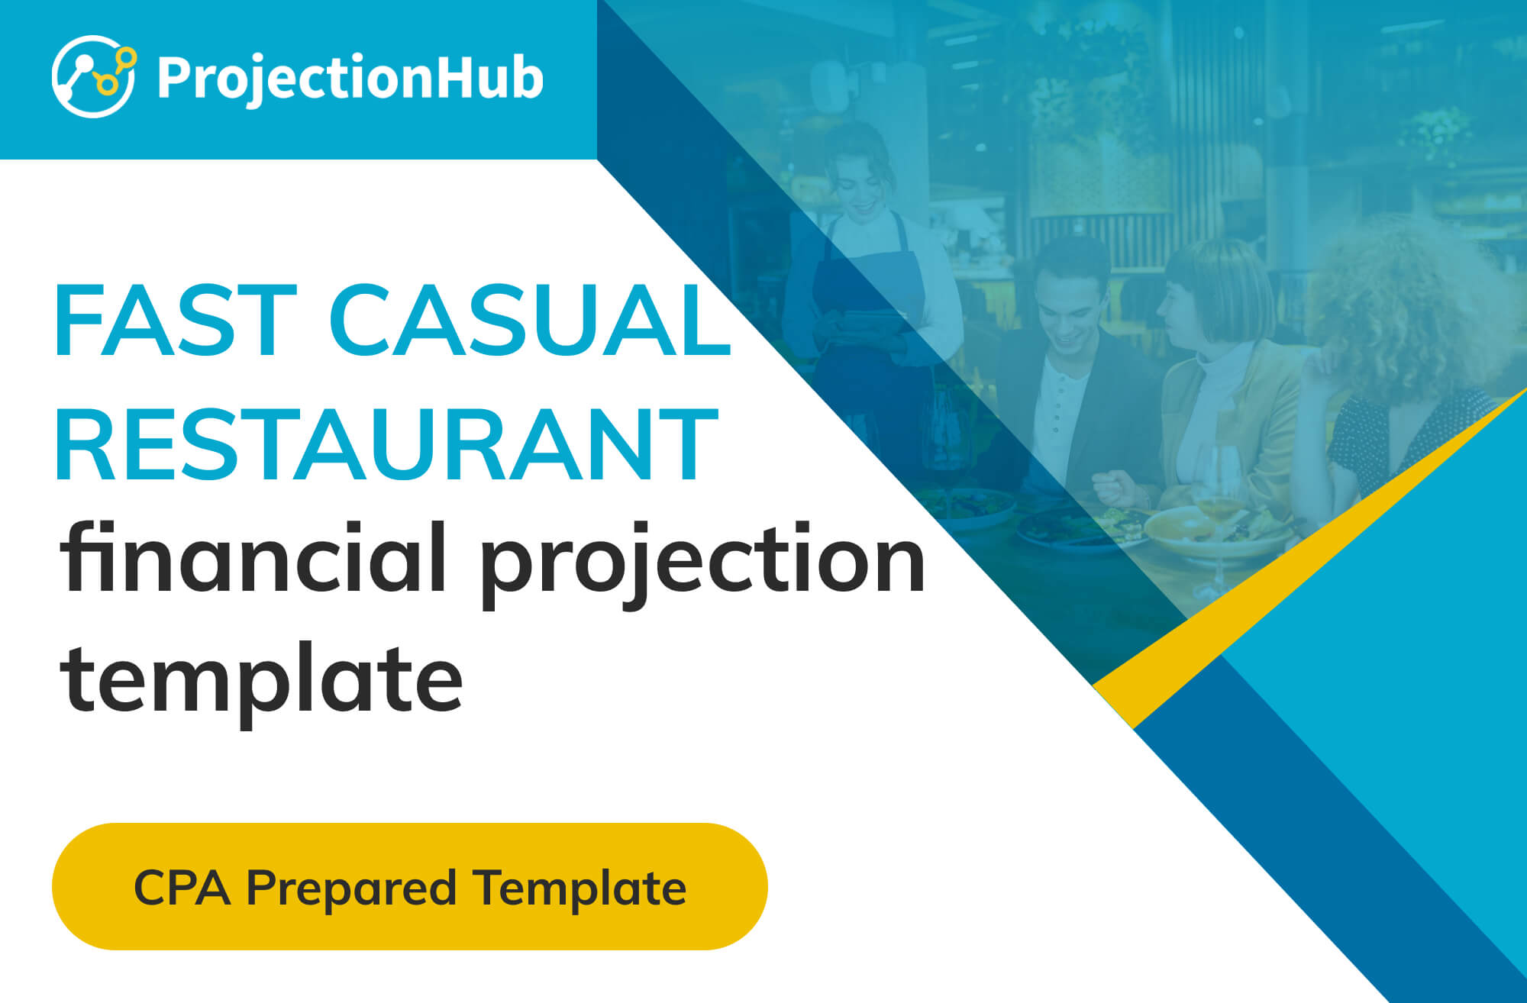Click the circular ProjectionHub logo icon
(94, 76)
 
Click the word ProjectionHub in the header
(350, 78)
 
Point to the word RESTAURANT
(386, 444)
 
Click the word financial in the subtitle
(253, 559)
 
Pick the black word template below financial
(262, 681)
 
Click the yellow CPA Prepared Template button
(410, 886)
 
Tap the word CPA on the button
(182, 889)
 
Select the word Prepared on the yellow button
(351, 890)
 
